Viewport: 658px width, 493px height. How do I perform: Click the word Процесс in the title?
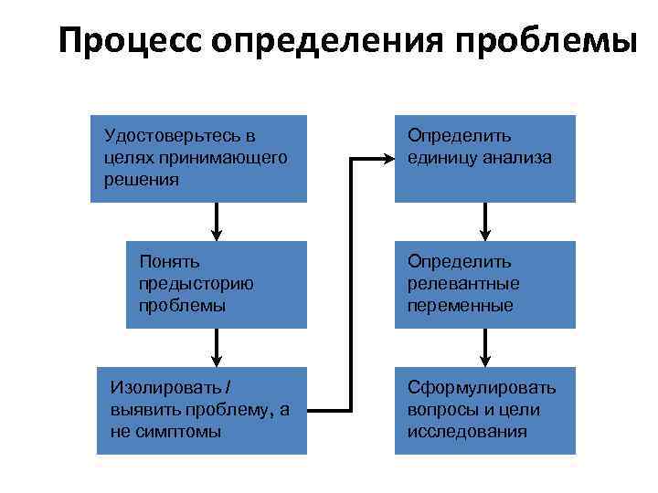pos(130,41)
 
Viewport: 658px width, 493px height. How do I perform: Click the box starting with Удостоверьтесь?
pos(199,158)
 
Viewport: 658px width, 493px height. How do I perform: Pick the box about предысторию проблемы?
pos(216,285)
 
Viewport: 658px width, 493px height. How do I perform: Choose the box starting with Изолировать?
pos(201,410)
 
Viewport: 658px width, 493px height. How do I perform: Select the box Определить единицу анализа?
pos(484,158)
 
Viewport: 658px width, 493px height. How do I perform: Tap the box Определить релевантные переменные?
pos(484,285)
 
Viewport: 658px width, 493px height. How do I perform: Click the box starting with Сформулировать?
pos(484,410)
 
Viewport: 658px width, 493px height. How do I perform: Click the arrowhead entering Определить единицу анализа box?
pos(385,159)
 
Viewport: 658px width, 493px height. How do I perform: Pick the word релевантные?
pos(463,284)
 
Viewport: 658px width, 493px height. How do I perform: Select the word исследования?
pos(467,431)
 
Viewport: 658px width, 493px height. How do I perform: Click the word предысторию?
pos(196,284)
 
